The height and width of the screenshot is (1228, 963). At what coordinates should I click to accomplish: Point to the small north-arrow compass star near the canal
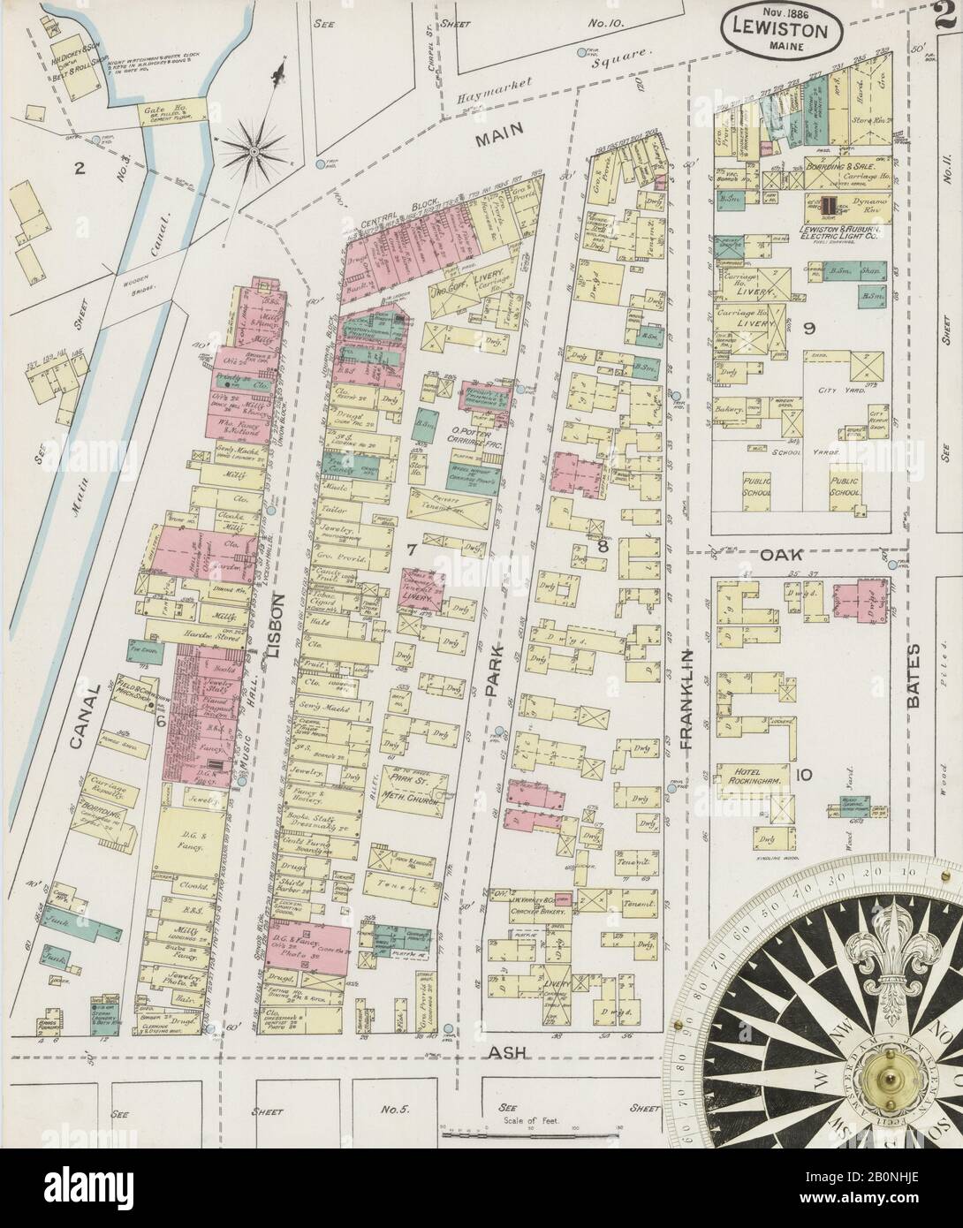254,152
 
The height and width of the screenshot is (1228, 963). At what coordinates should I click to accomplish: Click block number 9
808,328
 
